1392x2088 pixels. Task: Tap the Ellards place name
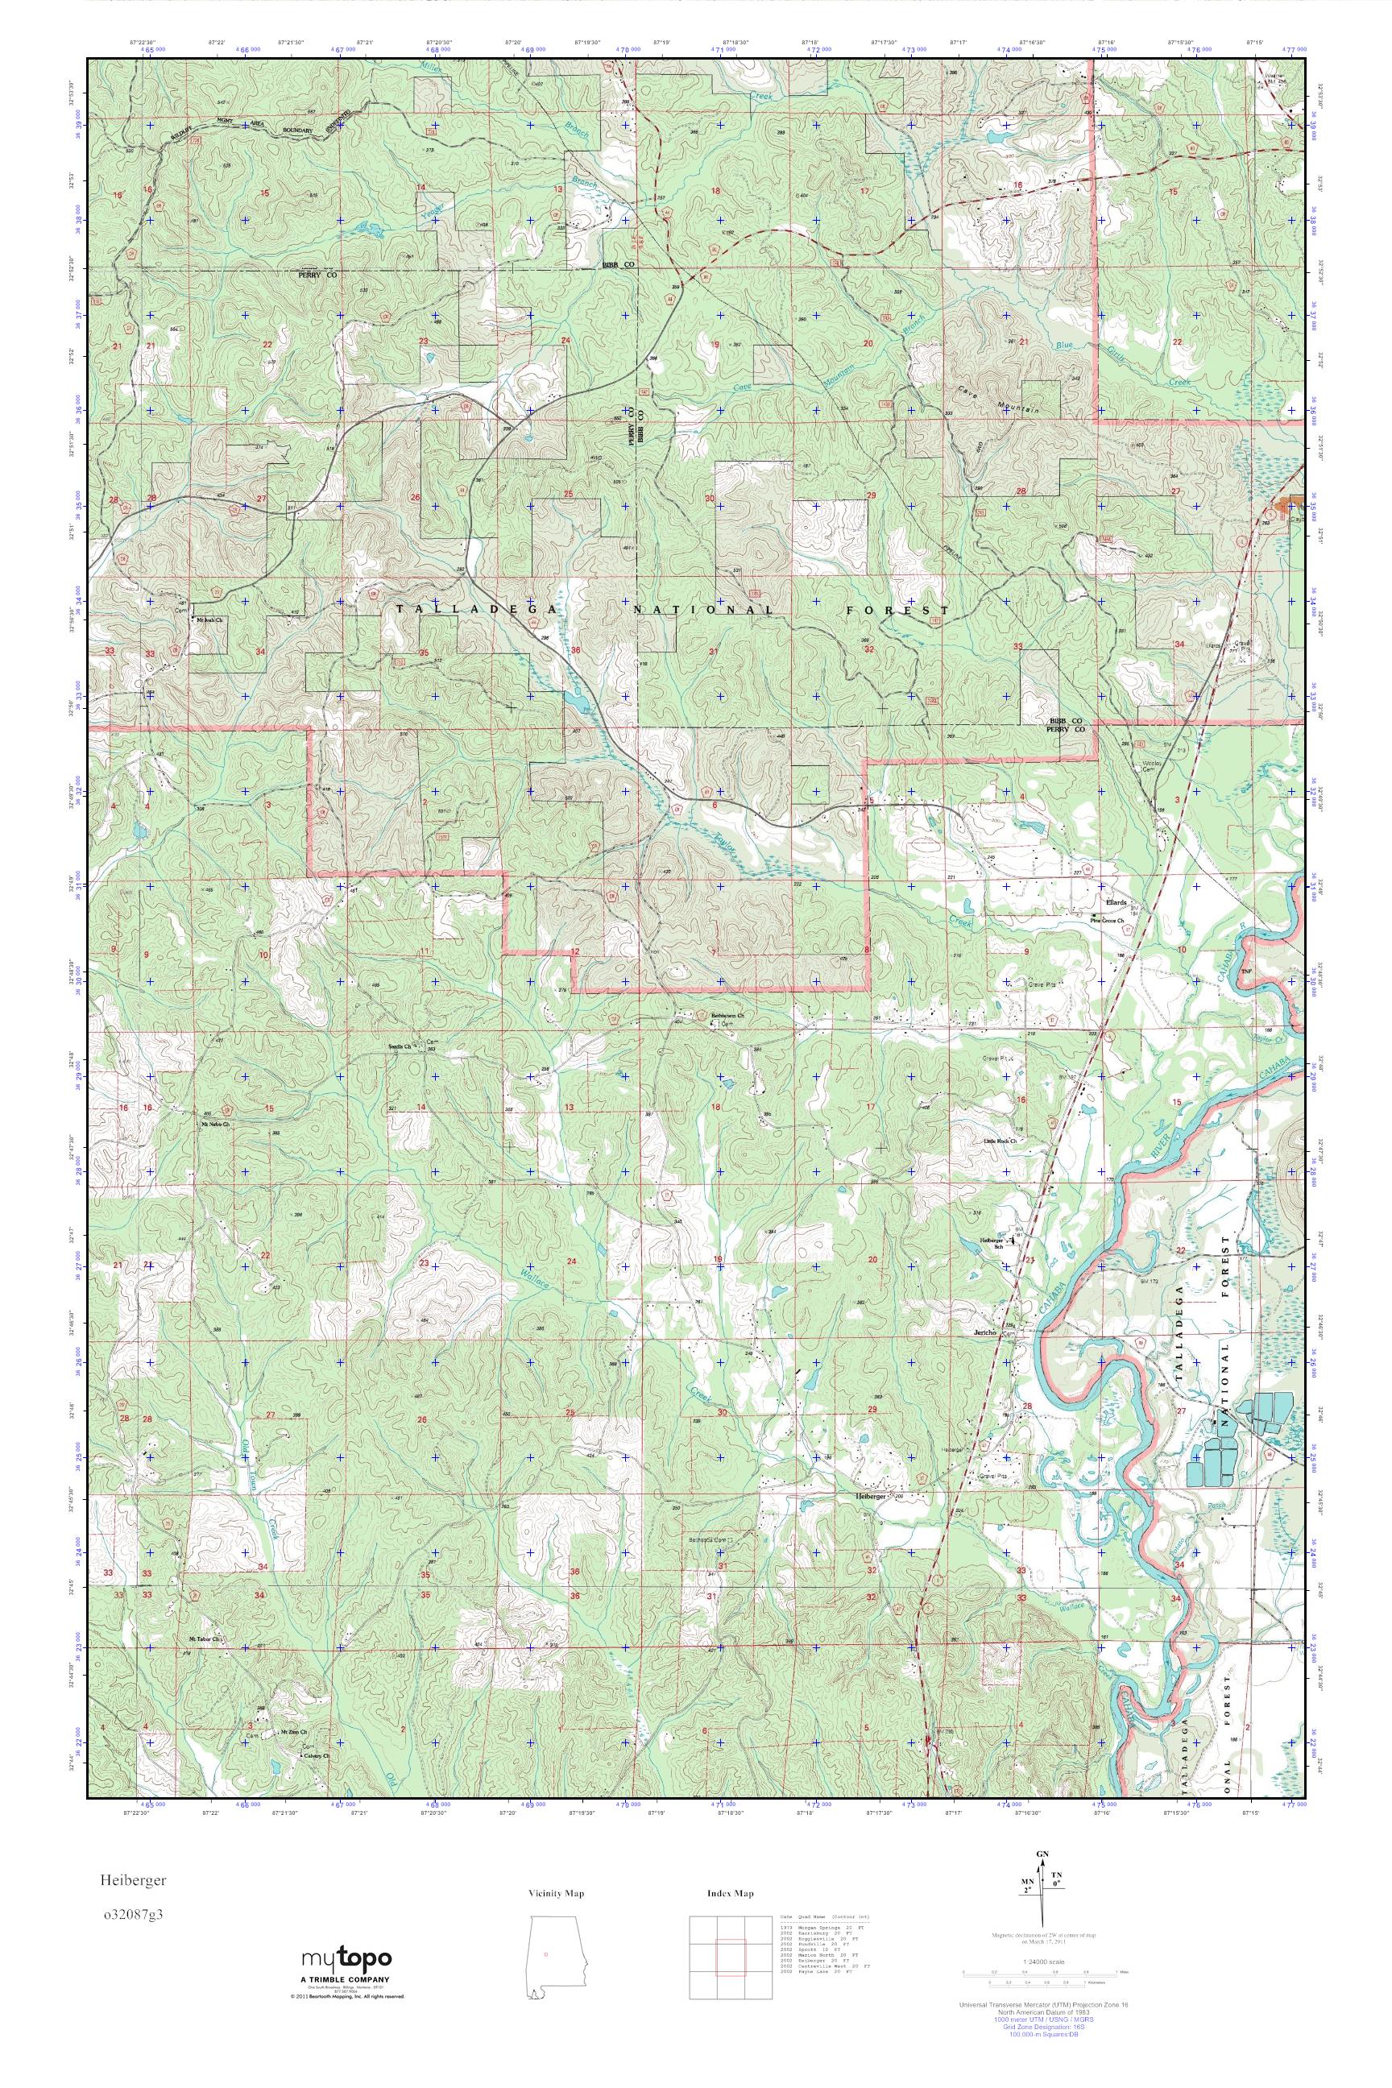(1116, 902)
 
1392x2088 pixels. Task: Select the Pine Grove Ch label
(1108, 921)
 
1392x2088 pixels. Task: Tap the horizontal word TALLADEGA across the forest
(478, 609)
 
